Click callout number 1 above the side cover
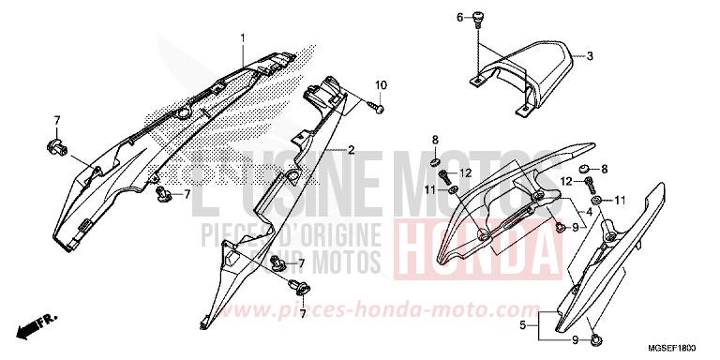tap(241, 37)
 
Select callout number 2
tap(351, 150)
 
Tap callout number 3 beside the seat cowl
tap(590, 57)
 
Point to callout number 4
tap(589, 213)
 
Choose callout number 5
tap(522, 327)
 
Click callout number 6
tap(460, 18)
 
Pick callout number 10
tap(381, 86)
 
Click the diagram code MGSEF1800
tap(682, 347)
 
